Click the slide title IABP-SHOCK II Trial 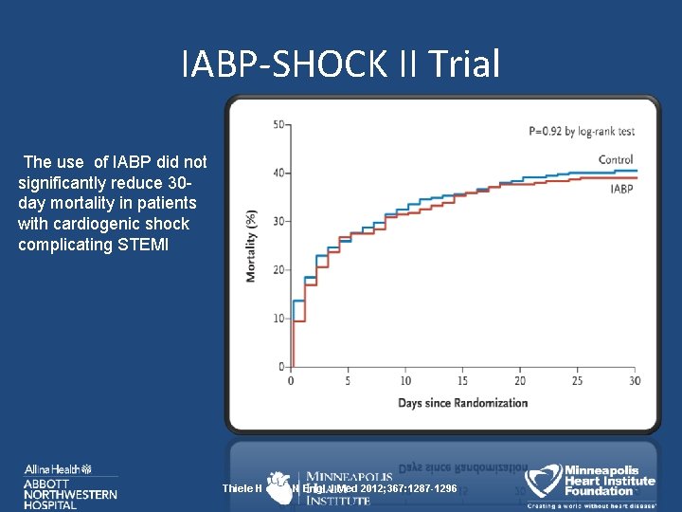point(340,64)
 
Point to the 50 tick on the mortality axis point(279,125)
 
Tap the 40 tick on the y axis point(279,174)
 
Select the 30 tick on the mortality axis point(279,222)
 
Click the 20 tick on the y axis point(279,270)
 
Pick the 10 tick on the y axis point(279,319)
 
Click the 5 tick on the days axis point(348,381)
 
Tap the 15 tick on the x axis point(462,381)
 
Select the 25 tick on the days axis point(577,381)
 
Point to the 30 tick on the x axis point(634,381)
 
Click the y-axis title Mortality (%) point(252,246)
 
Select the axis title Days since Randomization point(462,403)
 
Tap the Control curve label point(616,159)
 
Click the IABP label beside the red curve point(621,190)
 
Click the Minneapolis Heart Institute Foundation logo point(592,484)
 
